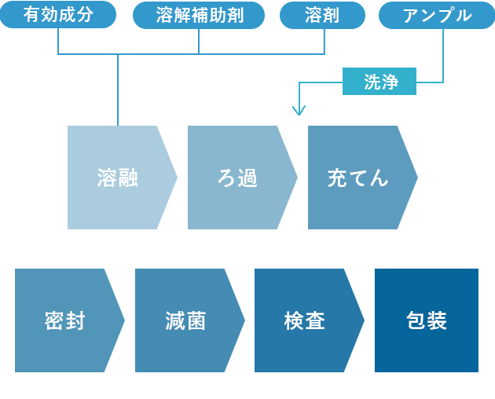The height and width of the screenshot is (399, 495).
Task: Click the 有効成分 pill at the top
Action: point(58,15)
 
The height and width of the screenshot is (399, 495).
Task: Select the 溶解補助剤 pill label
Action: point(199,15)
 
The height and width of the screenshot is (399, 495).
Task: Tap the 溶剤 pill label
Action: point(322,15)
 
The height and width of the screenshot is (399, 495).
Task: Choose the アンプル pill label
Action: point(437,15)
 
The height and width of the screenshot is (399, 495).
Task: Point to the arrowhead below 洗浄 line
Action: point(298,111)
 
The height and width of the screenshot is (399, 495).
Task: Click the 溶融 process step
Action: point(118,178)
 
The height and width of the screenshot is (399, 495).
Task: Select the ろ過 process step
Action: point(237,178)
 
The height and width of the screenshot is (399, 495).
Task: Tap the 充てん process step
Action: point(357,178)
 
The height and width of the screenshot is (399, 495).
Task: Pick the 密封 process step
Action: point(64,320)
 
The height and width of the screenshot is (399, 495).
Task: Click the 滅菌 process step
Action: point(185,320)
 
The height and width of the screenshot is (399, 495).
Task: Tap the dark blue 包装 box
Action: point(427,320)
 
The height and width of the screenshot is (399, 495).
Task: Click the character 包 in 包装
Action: point(416,320)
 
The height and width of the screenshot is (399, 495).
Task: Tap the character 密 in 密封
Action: point(54,320)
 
